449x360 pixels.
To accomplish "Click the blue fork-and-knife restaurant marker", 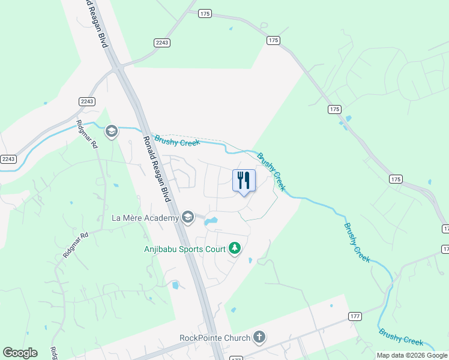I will tap(244, 181).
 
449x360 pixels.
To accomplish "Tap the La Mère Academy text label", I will tap(145, 218).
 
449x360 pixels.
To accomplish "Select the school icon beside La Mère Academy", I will tap(188, 217).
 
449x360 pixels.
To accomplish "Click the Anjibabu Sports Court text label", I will tap(184, 249).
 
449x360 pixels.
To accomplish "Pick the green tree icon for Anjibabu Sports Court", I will tap(235, 248).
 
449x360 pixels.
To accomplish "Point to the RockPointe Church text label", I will tap(214, 338).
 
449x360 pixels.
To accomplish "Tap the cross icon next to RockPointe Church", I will tap(259, 337).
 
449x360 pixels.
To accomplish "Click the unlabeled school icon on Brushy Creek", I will tap(110, 131).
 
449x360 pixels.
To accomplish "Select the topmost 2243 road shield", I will tap(162, 43).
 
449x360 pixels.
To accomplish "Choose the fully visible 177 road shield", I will tap(354, 316).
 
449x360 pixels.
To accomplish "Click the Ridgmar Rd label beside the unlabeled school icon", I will tap(86, 134).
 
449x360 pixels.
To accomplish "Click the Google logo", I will tap(20, 353).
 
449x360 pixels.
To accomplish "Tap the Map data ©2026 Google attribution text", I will tap(412, 355).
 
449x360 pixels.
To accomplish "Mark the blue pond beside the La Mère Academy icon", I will tap(210, 222).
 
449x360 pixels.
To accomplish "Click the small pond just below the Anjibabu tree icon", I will tap(250, 260).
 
